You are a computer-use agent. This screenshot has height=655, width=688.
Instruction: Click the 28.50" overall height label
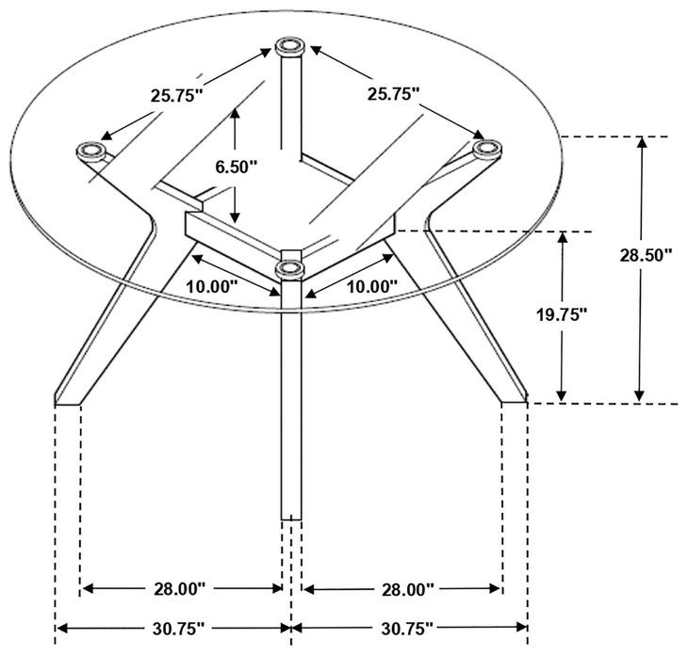point(646,254)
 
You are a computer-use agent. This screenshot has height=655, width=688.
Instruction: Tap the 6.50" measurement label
point(236,167)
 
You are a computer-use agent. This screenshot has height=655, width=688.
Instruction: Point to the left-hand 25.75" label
point(177,94)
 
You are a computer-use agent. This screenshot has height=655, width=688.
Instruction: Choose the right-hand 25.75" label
point(394,93)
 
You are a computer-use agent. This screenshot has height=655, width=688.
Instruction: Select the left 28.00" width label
point(178,589)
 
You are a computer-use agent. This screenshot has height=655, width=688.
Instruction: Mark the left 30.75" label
point(176,628)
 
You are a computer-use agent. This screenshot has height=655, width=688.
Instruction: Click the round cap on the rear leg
point(290,46)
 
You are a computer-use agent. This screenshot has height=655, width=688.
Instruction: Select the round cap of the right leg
point(486,148)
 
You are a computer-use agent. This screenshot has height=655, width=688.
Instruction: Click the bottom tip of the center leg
point(291,516)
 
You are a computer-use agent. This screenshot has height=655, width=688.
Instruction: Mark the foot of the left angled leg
point(69,400)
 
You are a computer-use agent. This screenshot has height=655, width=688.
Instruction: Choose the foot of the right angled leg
point(514,400)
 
